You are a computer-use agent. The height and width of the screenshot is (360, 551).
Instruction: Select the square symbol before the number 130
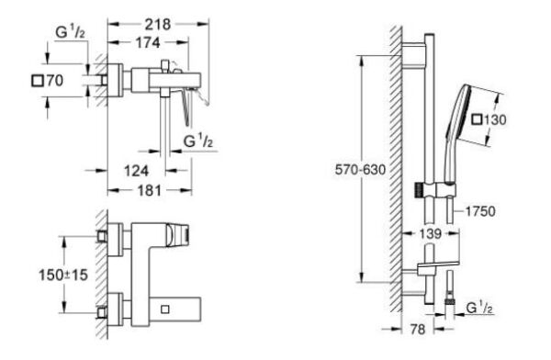(x=478, y=120)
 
